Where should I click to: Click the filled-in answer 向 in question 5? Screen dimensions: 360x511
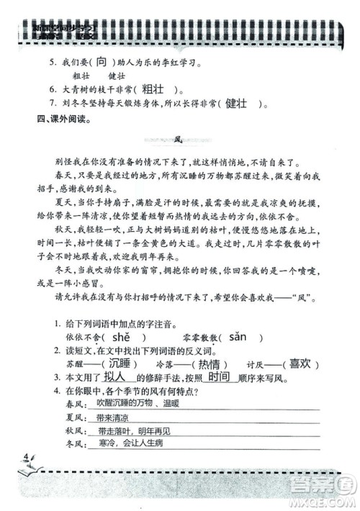pos(104,62)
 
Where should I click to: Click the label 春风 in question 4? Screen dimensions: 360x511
pos(73,407)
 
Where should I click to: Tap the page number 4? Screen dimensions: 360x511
pos(26,458)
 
